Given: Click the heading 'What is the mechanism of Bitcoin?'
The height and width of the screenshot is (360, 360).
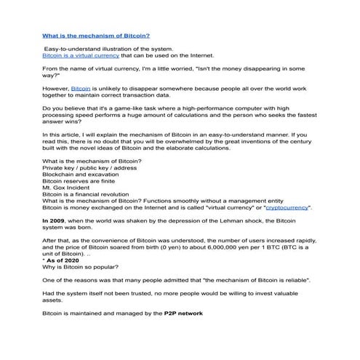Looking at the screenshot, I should click(96, 35).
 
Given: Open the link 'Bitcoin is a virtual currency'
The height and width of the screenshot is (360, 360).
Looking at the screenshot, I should click(81, 55).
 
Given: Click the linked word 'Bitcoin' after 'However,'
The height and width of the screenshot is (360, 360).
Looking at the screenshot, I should click(81, 87).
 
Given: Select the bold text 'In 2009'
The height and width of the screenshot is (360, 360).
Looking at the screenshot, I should click(56, 220).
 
